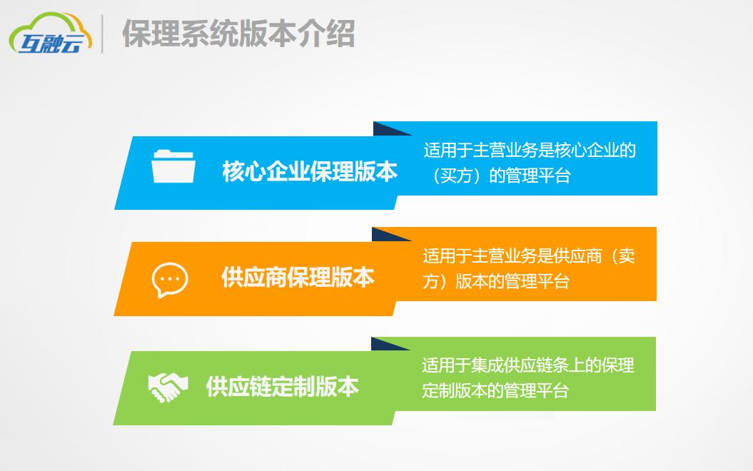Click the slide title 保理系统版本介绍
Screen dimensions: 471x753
[238, 33]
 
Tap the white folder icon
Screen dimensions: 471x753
[173, 167]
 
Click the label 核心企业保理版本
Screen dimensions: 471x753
[310, 172]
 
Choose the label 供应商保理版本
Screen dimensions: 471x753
[298, 278]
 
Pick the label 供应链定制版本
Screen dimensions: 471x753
[282, 387]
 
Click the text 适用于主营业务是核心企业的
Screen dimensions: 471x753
[530, 151]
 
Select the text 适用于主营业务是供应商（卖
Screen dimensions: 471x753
[529, 256]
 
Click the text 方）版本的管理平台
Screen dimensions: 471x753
[496, 281]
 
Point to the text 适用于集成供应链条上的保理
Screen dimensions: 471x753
[528, 366]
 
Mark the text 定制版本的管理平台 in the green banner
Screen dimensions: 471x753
[495, 391]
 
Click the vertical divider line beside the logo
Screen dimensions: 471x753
[101, 34]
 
